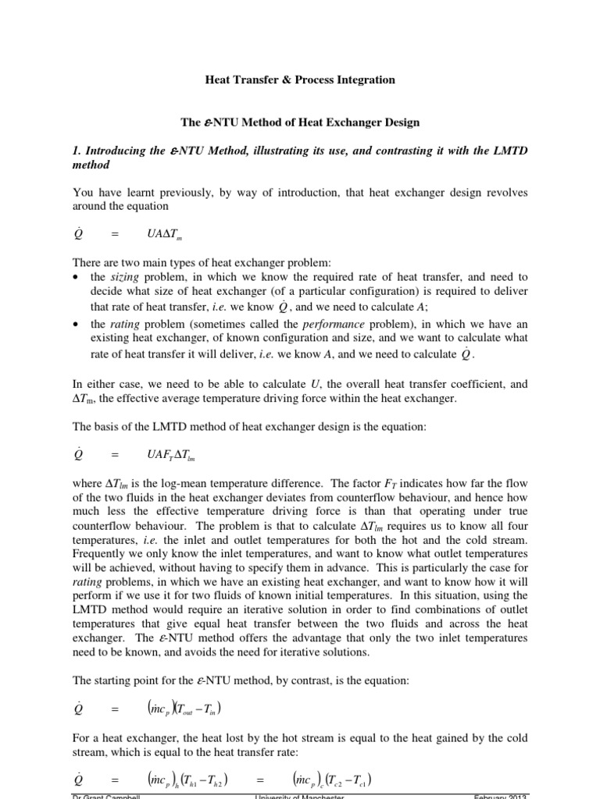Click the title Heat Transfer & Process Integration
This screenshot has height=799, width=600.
(x=299, y=80)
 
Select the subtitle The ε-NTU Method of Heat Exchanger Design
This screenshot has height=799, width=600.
(x=299, y=123)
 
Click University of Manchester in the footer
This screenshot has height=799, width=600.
(x=300, y=795)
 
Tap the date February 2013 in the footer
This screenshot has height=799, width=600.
(x=499, y=795)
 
